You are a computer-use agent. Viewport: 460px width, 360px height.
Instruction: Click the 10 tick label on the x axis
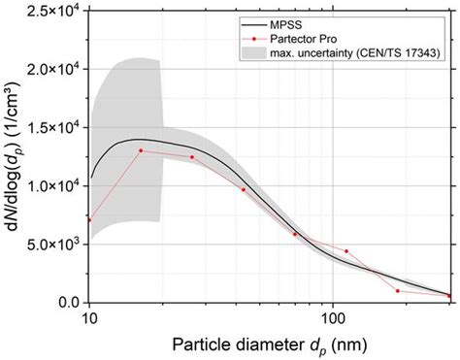click(x=89, y=317)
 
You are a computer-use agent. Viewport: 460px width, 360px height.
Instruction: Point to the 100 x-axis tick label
click(x=333, y=317)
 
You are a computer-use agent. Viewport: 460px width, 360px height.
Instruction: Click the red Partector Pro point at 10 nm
click(x=90, y=220)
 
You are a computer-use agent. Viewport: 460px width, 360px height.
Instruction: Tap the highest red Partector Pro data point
click(x=141, y=150)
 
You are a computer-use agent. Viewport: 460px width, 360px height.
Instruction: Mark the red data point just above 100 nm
click(x=346, y=251)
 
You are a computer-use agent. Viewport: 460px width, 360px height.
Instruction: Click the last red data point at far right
click(x=449, y=296)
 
